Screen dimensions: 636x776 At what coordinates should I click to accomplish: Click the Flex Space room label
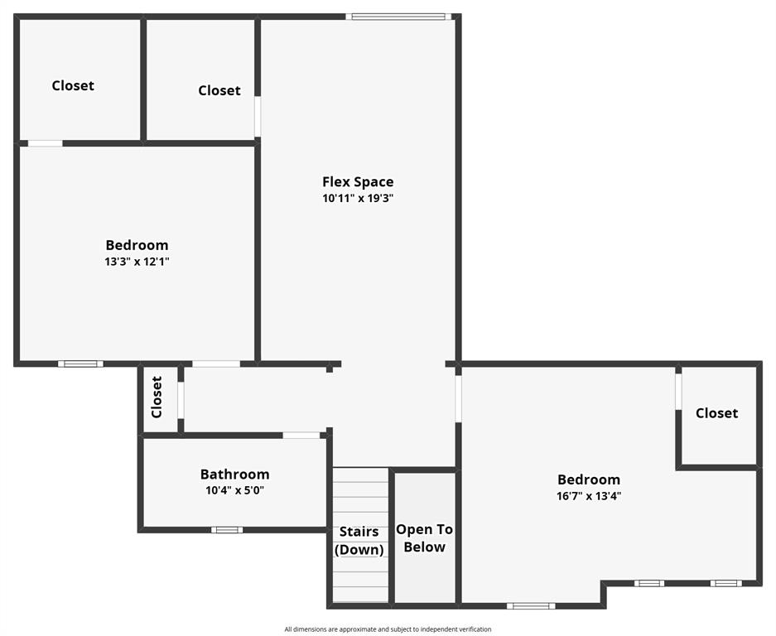(358, 182)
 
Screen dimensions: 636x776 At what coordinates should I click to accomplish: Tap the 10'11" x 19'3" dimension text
(358, 199)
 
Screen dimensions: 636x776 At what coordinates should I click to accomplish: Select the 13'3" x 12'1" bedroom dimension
(137, 262)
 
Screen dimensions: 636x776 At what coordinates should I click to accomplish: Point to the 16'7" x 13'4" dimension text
(589, 496)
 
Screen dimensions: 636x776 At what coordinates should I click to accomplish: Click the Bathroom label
(234, 475)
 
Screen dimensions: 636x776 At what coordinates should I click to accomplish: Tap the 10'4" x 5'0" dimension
(234, 490)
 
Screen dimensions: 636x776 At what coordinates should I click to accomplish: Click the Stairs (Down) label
(359, 541)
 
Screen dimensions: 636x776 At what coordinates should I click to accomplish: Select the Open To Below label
(424, 538)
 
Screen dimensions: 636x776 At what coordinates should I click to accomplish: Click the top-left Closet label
(73, 85)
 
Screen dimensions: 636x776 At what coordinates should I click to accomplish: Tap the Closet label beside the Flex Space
(219, 90)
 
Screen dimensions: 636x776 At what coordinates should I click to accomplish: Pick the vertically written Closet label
(157, 397)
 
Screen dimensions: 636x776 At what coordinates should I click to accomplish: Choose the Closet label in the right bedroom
(716, 412)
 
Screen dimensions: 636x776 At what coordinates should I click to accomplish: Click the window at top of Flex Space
(399, 16)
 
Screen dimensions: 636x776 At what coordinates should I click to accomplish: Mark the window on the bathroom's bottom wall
(226, 530)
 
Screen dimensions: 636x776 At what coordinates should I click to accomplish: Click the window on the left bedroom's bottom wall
(81, 364)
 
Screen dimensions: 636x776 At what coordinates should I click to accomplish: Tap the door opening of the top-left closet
(46, 143)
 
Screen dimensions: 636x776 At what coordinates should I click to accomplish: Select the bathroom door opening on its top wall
(301, 435)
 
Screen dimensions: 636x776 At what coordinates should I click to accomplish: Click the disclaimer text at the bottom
(388, 629)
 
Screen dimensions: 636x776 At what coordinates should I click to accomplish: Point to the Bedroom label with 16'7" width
(589, 479)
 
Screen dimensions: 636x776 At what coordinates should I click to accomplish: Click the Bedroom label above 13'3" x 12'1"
(137, 245)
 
